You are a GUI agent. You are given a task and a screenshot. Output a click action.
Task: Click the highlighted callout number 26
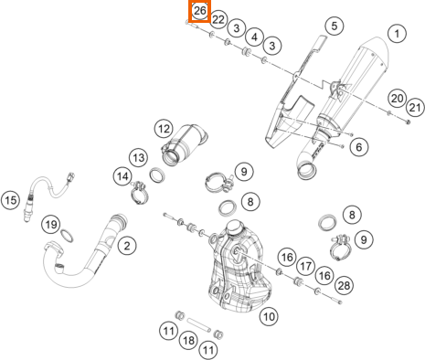tap(199, 11)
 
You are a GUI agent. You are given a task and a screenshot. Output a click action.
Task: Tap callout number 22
tap(218, 20)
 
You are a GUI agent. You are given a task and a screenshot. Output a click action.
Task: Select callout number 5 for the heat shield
tap(335, 26)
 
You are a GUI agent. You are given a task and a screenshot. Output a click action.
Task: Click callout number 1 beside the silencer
tap(397, 34)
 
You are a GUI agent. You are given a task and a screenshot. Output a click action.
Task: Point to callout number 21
tap(415, 108)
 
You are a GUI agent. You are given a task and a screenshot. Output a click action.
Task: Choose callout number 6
tap(359, 147)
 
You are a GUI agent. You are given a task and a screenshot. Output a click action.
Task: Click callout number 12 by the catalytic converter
tap(164, 129)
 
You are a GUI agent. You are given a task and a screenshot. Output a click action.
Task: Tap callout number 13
tap(139, 158)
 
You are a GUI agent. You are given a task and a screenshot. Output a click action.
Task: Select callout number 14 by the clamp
tap(122, 176)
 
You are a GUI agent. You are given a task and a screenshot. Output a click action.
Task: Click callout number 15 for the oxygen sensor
tap(11, 200)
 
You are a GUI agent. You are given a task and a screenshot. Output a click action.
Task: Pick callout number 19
tap(51, 225)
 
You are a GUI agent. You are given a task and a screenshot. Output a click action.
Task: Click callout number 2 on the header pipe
tap(127, 246)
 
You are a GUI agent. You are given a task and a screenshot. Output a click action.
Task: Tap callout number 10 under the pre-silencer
tap(269, 317)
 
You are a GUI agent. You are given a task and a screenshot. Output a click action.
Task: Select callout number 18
tap(188, 340)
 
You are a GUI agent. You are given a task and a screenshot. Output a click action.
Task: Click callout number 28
tap(344, 285)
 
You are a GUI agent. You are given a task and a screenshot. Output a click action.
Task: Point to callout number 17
tap(305, 266)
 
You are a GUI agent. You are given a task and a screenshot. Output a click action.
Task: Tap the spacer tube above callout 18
tap(198, 325)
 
